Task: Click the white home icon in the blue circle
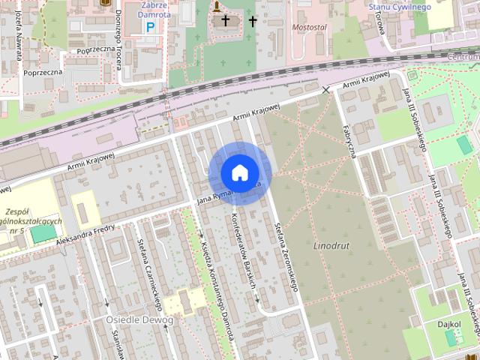239,172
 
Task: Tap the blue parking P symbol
150,27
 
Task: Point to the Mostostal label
310,27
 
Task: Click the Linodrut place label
331,245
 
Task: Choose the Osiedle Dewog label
139,320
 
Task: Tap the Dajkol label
448,324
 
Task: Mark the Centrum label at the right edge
465,56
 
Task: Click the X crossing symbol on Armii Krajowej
325,90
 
